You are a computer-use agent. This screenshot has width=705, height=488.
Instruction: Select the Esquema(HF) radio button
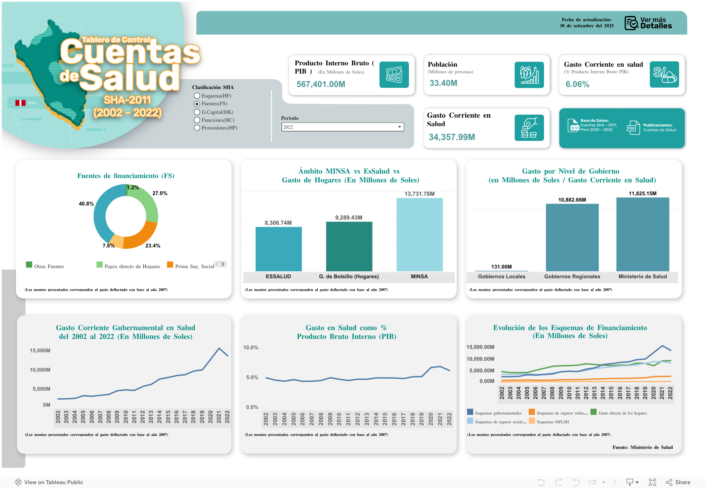tap(197, 96)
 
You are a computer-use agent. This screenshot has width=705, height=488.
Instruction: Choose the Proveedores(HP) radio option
tap(197, 128)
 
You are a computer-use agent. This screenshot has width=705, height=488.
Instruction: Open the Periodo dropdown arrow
tap(399, 127)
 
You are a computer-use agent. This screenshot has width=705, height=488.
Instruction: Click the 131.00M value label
tap(501, 267)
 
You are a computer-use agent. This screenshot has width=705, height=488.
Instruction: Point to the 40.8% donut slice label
tap(86, 204)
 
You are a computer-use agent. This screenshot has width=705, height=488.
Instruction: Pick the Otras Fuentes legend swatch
tap(29, 265)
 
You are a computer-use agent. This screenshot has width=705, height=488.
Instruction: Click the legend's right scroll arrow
tap(223, 264)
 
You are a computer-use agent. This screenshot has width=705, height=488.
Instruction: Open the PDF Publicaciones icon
tap(633, 128)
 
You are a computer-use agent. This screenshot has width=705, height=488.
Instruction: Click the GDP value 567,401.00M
tap(321, 84)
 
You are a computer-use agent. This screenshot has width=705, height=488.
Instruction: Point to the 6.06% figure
tap(577, 84)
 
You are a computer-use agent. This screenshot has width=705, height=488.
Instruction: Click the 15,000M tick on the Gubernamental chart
tap(40, 351)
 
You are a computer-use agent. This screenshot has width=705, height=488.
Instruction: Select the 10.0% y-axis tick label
tap(251, 347)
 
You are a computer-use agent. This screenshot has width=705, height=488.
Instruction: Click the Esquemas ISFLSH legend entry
tap(552, 422)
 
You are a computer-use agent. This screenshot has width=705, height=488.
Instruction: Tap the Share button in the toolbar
tap(678, 482)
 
